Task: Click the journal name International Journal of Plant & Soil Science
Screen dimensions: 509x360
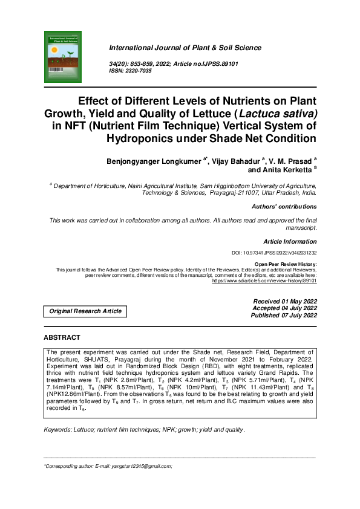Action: (185, 48)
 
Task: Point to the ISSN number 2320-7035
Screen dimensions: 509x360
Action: (139, 71)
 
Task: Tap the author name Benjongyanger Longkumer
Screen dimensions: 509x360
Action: (155, 161)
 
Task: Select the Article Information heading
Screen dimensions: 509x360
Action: (290, 241)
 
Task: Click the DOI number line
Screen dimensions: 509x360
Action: (275, 253)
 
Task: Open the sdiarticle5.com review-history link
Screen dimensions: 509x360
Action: (264, 281)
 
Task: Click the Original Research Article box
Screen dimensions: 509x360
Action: (85, 311)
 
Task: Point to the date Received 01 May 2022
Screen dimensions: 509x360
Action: (284, 301)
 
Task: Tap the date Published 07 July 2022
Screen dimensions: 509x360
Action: (284, 316)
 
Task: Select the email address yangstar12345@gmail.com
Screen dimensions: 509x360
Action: (141, 466)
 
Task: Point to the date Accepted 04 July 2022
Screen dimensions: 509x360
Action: (284, 308)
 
